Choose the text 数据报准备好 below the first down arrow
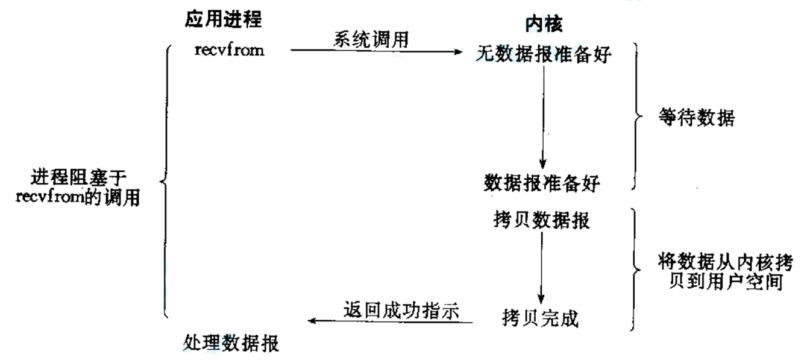[542, 182]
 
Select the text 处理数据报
[231, 344]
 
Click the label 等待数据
[697, 118]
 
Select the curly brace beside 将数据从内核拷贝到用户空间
[634, 269]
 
